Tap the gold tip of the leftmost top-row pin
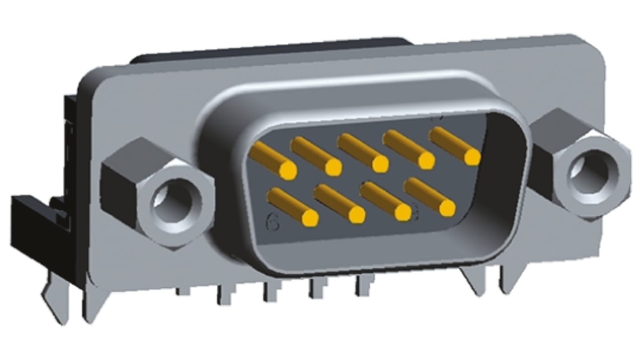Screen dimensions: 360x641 [x=288, y=170]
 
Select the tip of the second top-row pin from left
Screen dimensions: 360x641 [x=333, y=167]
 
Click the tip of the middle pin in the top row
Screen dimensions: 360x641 [x=380, y=164]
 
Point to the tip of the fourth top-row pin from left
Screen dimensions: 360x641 [x=426, y=160]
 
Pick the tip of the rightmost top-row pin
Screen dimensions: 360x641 [x=472, y=157]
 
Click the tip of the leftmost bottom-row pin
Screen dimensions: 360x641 [x=310, y=218]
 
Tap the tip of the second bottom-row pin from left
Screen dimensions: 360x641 [x=357, y=215]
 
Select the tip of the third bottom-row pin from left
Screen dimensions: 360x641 [x=402, y=212]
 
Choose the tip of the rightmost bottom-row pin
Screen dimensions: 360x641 [x=446, y=208]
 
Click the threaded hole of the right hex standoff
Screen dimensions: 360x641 [x=592, y=172]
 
